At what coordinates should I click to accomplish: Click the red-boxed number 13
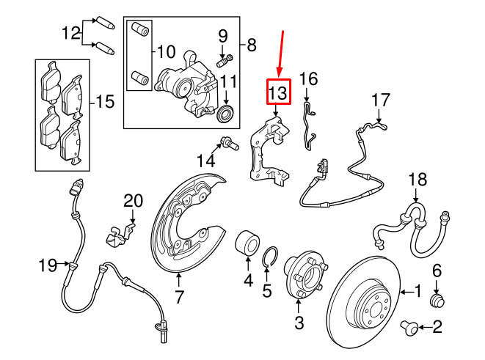pyautogui.click(x=278, y=92)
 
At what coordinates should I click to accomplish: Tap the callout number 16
pyautogui.click(x=308, y=78)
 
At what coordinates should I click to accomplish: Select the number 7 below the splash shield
pyautogui.click(x=179, y=297)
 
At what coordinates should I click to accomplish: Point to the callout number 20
pyautogui.click(x=134, y=201)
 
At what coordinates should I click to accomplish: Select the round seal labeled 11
pyautogui.click(x=226, y=113)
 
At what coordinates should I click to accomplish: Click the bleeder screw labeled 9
pyautogui.click(x=225, y=61)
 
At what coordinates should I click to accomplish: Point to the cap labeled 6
pyautogui.click(x=438, y=301)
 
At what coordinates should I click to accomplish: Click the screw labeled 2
pyautogui.click(x=408, y=328)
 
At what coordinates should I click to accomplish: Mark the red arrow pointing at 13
pyautogui.click(x=281, y=54)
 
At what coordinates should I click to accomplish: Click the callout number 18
pyautogui.click(x=417, y=180)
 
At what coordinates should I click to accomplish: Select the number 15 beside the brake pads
pyautogui.click(x=105, y=101)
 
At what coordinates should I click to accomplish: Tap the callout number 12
pyautogui.click(x=71, y=33)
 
